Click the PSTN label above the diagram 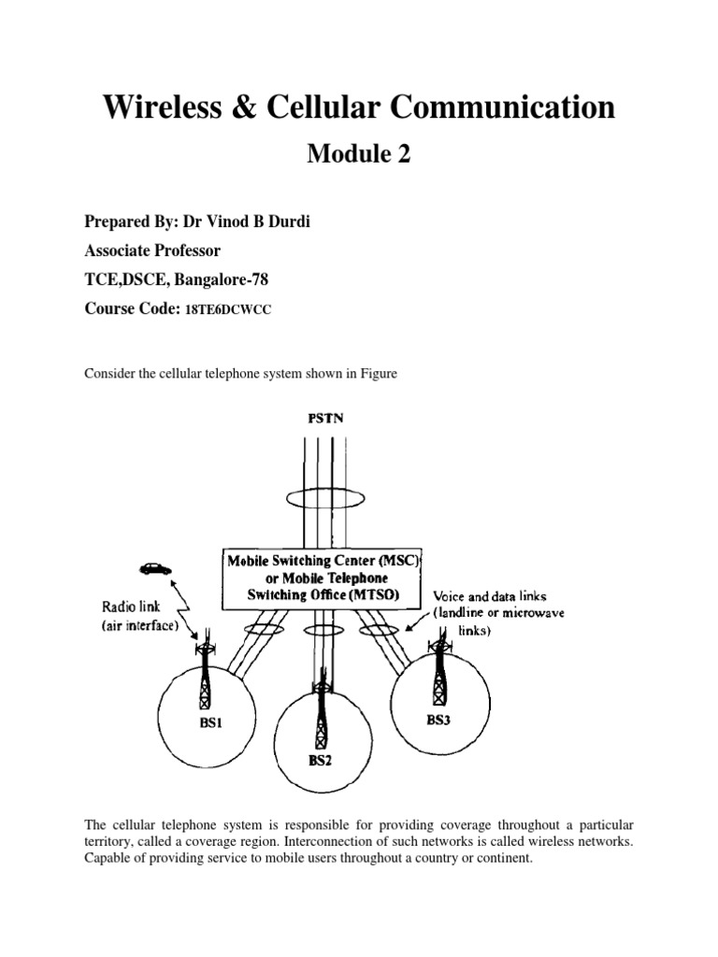[x=326, y=419]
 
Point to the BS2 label [x=321, y=760]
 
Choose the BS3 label [x=439, y=720]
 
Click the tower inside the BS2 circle [x=321, y=710]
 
